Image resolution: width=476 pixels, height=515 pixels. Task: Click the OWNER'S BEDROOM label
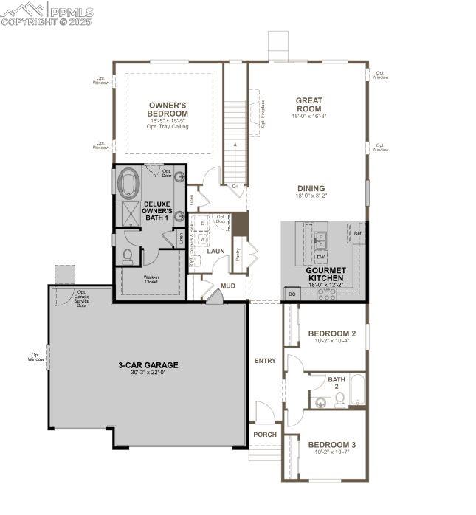(x=168, y=109)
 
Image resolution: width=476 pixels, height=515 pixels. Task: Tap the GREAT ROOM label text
(x=308, y=105)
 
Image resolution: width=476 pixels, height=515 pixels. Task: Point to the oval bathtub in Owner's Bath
(x=128, y=183)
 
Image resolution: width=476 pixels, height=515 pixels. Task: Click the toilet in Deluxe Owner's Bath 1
(x=127, y=255)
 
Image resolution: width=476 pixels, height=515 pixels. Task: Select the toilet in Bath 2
(x=339, y=399)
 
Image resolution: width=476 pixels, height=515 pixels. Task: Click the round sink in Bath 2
(x=321, y=403)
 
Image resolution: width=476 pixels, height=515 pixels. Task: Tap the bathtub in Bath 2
(x=357, y=391)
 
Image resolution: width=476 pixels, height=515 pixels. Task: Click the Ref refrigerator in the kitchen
(x=357, y=234)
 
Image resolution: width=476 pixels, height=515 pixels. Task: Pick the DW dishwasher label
(x=321, y=257)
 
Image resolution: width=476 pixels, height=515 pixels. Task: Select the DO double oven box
(x=292, y=294)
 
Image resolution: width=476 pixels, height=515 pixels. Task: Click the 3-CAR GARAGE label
(x=148, y=364)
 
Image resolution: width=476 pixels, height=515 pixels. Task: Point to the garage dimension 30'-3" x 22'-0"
(x=148, y=373)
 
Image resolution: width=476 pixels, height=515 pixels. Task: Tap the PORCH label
(x=265, y=435)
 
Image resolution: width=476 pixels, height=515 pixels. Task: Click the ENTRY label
(x=265, y=361)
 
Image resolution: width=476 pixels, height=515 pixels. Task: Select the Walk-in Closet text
(x=151, y=280)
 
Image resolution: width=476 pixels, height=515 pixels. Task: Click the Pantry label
(x=238, y=255)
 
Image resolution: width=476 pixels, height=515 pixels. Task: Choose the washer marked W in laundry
(x=203, y=239)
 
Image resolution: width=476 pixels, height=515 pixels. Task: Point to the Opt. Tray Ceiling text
(x=168, y=127)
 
